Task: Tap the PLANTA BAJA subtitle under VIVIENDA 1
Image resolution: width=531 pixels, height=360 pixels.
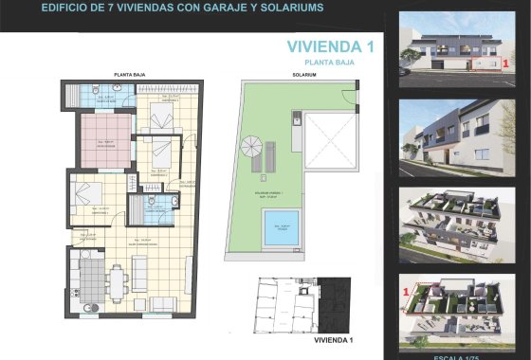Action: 329,62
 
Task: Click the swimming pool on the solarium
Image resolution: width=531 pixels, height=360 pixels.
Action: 281,228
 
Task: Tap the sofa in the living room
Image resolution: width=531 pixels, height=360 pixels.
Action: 139,274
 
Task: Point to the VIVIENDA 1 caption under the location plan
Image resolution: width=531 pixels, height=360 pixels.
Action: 333,338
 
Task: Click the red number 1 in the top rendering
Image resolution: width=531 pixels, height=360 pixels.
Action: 505,63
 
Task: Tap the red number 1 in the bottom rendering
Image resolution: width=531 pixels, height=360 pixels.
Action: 408,289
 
